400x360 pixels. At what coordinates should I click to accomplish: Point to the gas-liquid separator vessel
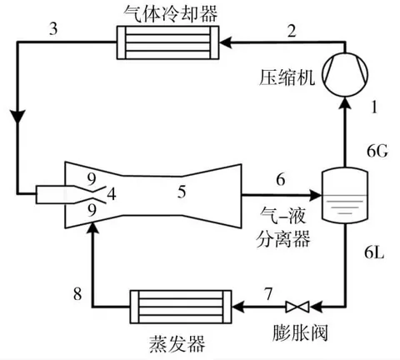click(343, 194)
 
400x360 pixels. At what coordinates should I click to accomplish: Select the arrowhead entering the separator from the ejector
click(315, 197)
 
